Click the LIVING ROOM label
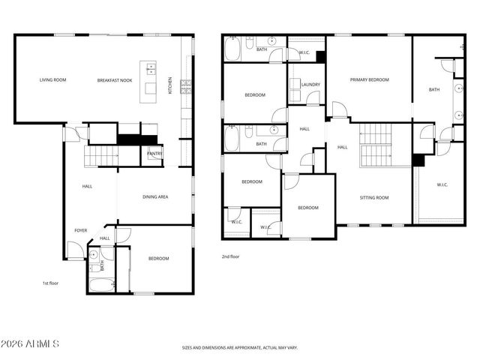pyautogui.click(x=52, y=79)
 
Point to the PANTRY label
pyautogui.click(x=154, y=154)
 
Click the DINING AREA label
pyautogui.click(x=155, y=196)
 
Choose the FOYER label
pyautogui.click(x=80, y=230)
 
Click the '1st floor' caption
pyautogui.click(x=50, y=283)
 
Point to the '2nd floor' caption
pyautogui.click(x=229, y=256)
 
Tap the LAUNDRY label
pyautogui.click(x=310, y=85)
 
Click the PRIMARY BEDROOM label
pyautogui.click(x=369, y=79)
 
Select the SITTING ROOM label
pyautogui.click(x=374, y=197)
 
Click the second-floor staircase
pyautogui.click(x=376, y=146)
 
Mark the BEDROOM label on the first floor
pyautogui.click(x=158, y=259)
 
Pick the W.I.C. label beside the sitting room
pyautogui.click(x=442, y=185)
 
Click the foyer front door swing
pyautogui.click(x=75, y=250)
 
